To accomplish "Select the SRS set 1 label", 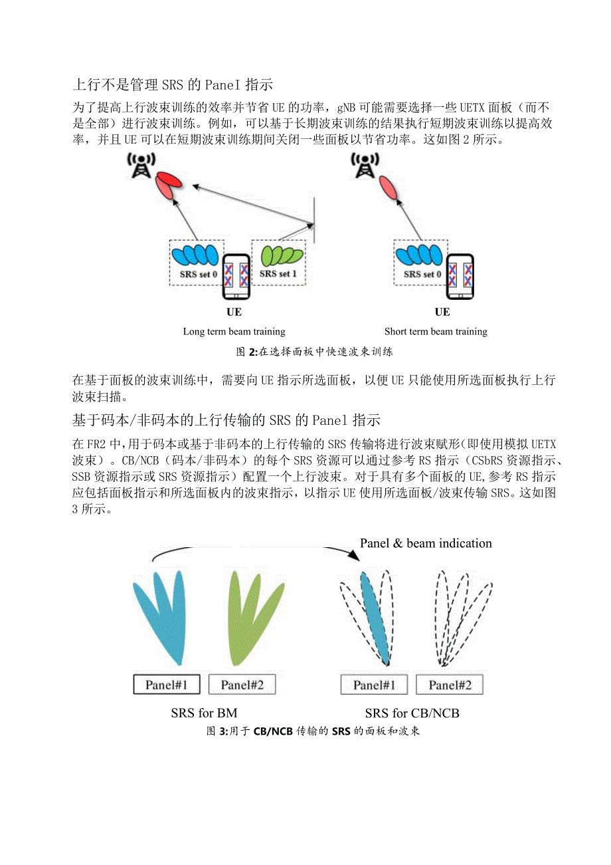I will coord(275,273).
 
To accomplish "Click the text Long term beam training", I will coord(234,331).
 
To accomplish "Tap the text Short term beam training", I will coord(436,331).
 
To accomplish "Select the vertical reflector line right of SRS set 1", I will coord(313,219).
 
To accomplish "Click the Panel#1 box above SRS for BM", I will coord(167,684).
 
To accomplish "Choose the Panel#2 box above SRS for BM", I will coord(242,684).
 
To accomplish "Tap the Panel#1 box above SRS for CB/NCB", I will coord(374,684).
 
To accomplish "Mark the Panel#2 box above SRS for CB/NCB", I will coord(449,684).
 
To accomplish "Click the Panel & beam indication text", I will coord(426,543).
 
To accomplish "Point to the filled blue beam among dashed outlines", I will coord(373,608).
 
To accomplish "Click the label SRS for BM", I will coord(204,713).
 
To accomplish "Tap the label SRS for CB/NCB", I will coord(412,713).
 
